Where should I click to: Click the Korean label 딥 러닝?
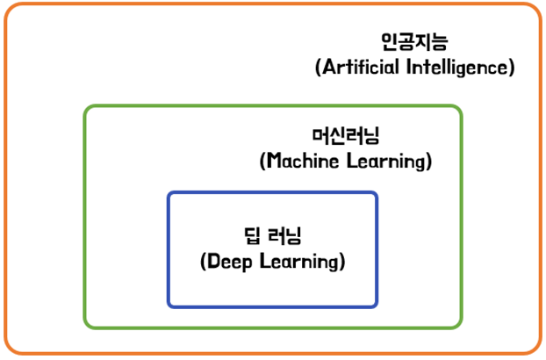point(272,235)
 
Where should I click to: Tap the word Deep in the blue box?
point(230,262)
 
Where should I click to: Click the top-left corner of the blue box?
point(169,194)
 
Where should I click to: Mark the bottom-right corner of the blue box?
point(377,306)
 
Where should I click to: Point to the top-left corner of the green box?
point(86,108)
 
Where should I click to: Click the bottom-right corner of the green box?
point(461,327)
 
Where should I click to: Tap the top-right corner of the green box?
point(461,108)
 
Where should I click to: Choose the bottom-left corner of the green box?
point(86,327)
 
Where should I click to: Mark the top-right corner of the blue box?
point(377,194)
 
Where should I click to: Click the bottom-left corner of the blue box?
point(169,306)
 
